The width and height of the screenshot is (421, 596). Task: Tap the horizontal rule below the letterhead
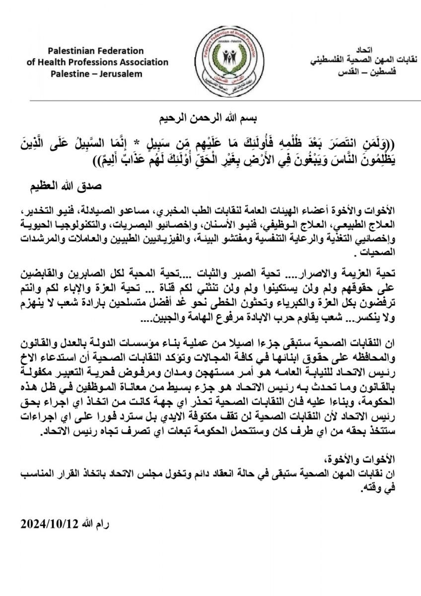pyautogui.click(x=210, y=101)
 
